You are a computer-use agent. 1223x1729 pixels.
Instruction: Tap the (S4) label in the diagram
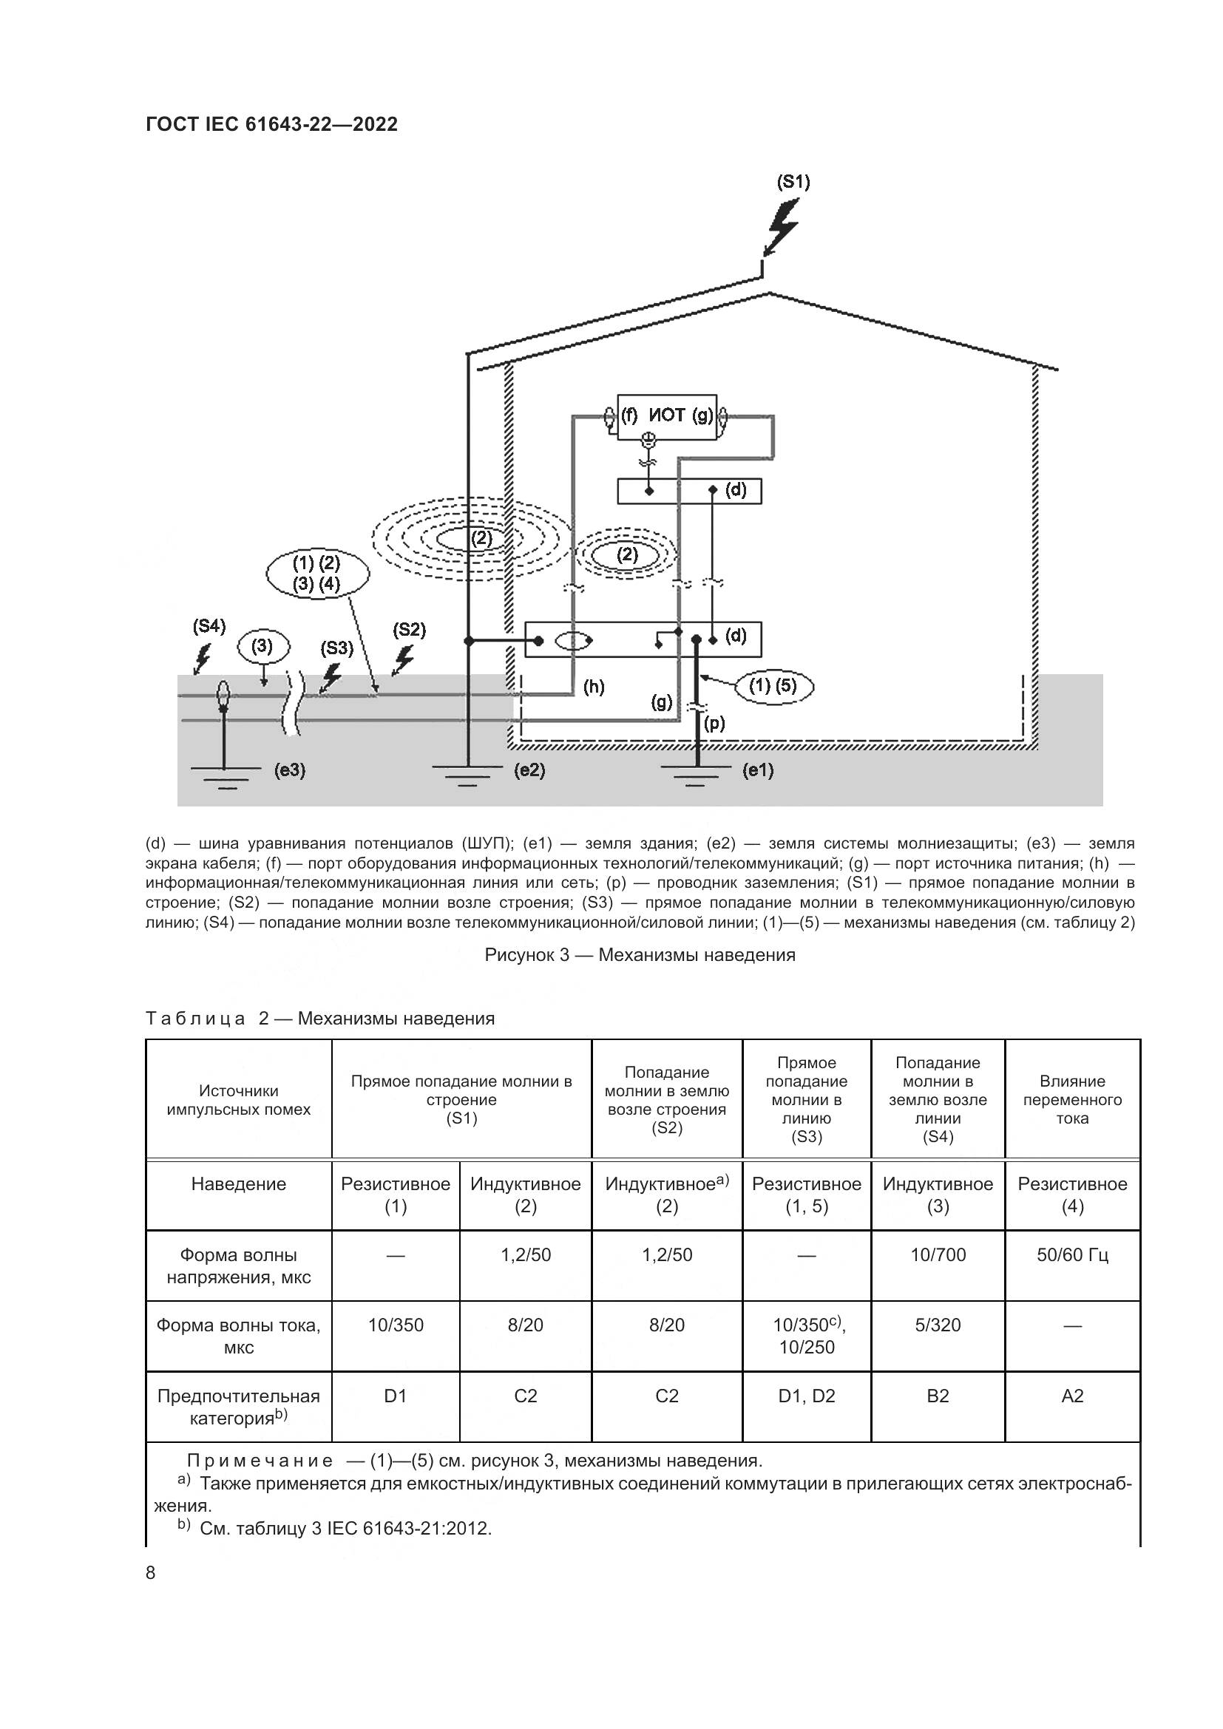pos(209,626)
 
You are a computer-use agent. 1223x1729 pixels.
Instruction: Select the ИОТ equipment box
pos(666,415)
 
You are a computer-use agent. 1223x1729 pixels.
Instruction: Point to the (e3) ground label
pos(290,770)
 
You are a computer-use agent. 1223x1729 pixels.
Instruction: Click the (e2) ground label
pos(529,770)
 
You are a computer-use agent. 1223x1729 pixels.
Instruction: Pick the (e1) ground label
pos(758,770)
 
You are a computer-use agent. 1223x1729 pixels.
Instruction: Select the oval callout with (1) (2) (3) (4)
pos(317,574)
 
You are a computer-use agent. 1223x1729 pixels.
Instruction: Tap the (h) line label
pos(594,686)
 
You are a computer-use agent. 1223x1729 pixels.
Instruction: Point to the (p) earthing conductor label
pos(714,723)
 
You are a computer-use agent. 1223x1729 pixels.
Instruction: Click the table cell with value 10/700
pos(938,1254)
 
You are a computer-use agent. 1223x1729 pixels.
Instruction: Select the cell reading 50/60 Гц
pos(1071,1254)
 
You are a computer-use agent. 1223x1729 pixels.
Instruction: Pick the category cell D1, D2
pos(807,1396)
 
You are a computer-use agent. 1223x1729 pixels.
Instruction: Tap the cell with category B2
pos(938,1396)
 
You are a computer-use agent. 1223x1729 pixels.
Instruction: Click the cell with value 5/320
pos(938,1325)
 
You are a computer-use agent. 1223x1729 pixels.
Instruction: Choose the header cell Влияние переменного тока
pos(1071,1099)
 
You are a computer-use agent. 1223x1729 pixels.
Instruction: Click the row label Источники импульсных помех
pos(238,1099)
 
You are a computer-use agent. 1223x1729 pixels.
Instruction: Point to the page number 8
pos(151,1572)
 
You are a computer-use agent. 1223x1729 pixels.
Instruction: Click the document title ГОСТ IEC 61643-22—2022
pos(271,124)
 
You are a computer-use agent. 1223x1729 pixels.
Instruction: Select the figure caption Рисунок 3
pos(640,955)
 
